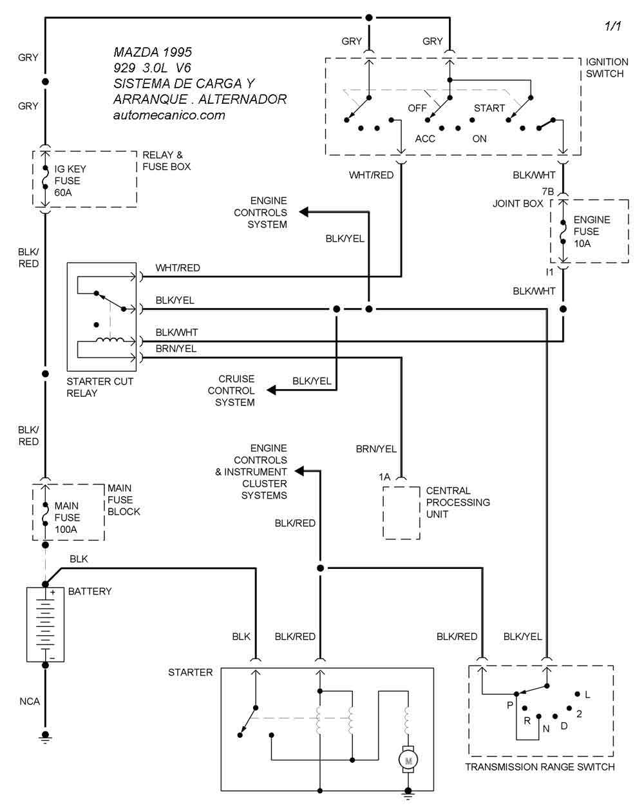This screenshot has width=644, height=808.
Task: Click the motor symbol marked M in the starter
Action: (x=408, y=761)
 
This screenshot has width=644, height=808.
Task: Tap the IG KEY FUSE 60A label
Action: (x=66, y=180)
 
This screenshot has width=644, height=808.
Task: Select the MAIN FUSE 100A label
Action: (x=68, y=517)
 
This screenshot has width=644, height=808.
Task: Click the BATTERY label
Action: (x=90, y=591)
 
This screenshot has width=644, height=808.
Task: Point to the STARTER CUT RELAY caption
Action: (x=100, y=387)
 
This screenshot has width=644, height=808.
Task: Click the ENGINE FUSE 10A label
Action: (x=591, y=231)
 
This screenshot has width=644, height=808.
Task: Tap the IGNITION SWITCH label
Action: (x=607, y=68)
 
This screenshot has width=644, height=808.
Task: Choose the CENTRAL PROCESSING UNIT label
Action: (x=458, y=502)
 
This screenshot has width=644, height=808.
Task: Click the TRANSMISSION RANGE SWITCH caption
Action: (x=540, y=767)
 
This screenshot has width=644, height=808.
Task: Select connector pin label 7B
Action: (x=547, y=192)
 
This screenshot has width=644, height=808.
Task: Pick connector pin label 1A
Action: (x=384, y=477)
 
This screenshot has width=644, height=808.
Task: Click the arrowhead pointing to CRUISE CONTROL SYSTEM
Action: (x=272, y=390)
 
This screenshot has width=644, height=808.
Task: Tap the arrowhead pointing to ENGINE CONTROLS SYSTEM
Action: (x=303, y=213)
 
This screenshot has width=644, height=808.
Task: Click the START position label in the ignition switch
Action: (x=489, y=108)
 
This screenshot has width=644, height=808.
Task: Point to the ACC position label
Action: (x=425, y=139)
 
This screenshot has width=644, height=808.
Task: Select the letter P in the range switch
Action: (x=510, y=705)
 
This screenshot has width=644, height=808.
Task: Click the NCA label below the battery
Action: (x=29, y=701)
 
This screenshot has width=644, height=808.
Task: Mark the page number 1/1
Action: (x=612, y=26)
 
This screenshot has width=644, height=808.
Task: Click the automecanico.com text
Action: (x=169, y=115)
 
